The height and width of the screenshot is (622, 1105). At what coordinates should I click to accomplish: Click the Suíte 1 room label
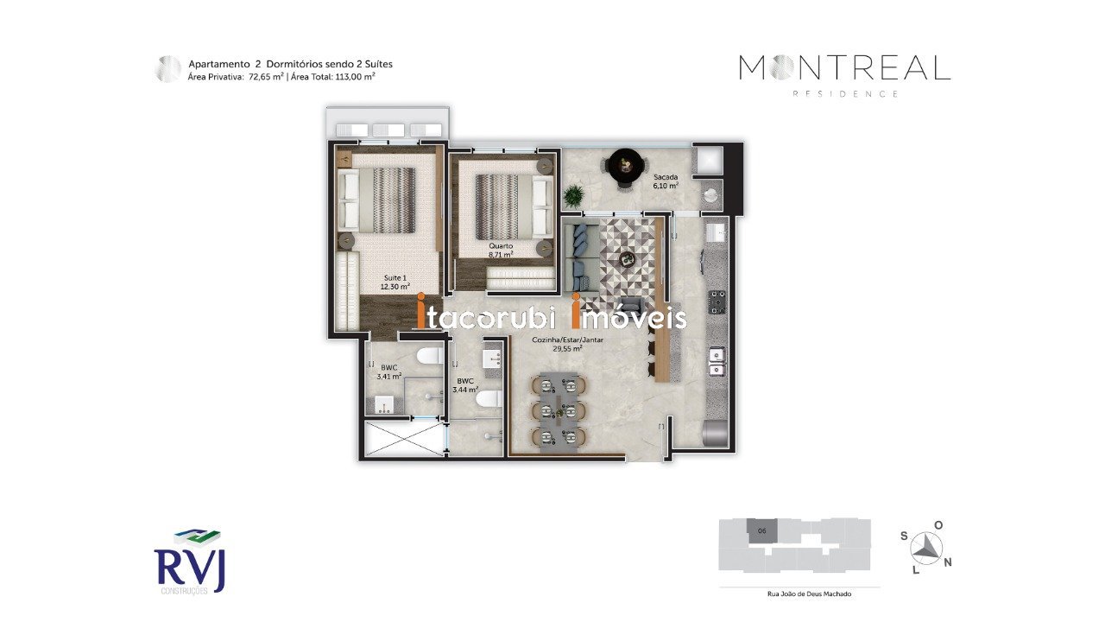pos(395,282)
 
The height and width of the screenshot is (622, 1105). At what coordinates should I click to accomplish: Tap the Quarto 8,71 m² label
pos(501,251)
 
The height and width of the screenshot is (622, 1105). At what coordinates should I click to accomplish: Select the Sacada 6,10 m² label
pos(666,181)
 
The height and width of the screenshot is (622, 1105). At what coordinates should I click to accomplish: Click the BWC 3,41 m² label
pos(389,371)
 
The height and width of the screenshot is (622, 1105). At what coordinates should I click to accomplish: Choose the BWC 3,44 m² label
pos(465,385)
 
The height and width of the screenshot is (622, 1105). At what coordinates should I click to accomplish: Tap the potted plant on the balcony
pos(573,195)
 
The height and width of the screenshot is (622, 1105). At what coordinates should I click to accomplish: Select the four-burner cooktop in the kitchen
pos(717,302)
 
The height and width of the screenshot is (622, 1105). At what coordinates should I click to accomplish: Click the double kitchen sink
pos(717,362)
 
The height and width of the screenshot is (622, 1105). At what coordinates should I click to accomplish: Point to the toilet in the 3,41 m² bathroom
pos(429,355)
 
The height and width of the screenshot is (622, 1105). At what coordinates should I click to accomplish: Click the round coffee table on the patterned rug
pos(628,257)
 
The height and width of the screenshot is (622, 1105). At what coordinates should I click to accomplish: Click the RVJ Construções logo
pos(190,562)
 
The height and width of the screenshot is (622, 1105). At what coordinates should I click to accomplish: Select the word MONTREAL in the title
pos(845,68)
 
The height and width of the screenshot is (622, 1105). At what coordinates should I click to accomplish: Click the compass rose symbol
pos(926,549)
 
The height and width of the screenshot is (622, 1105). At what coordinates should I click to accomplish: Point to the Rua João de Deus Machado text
pos(809,593)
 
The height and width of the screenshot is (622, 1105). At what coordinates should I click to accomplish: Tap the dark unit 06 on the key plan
pos(761,531)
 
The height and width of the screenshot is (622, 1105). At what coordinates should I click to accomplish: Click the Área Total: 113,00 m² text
pos(333,77)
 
